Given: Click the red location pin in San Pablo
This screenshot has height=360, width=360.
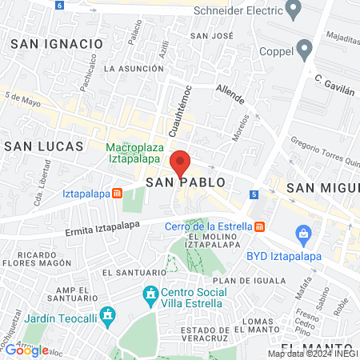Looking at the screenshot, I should pyautogui.click(x=181, y=163).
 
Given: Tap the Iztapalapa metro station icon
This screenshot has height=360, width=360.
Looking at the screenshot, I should pyautogui.click(x=117, y=193).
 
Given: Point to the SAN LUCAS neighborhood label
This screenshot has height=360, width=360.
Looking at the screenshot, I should pyautogui.click(x=44, y=146).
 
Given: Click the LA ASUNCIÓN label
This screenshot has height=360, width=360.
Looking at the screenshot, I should pyautogui.click(x=134, y=69).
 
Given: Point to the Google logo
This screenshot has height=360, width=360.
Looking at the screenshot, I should pyautogui.click(x=26, y=350).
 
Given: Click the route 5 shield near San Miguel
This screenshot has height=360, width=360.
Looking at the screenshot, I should pyautogui.click(x=254, y=194).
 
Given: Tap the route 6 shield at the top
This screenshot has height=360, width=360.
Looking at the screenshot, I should pyautogui.click(x=60, y=5).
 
